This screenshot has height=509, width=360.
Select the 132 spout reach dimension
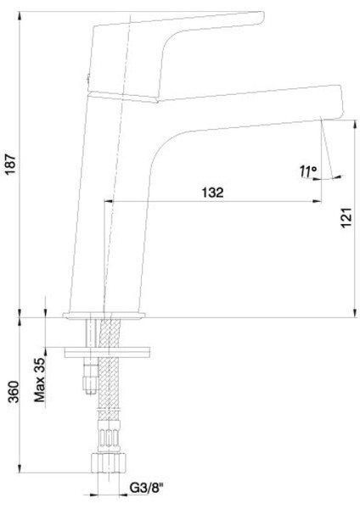click(212, 193)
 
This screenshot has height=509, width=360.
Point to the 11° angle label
click(307, 172)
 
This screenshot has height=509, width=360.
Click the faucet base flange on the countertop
click(105, 317)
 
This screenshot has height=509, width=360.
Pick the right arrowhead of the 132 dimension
click(320, 201)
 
